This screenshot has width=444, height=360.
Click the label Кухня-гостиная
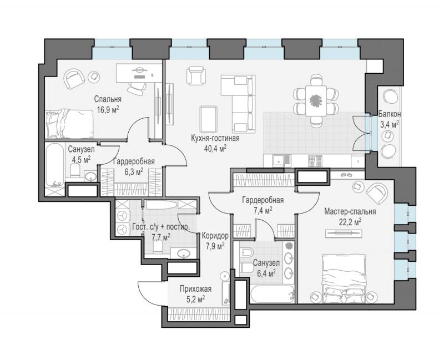[215, 138]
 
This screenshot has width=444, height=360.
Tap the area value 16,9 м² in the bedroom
[108, 109]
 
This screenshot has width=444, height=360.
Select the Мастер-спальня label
[350, 212]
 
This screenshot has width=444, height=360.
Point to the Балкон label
[390, 114]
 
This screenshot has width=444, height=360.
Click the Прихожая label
[196, 289]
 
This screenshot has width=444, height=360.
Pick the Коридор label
[215, 236]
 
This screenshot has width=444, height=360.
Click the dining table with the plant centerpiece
[316, 100]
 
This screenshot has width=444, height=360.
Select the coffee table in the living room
[209, 119]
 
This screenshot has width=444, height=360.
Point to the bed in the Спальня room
[70, 124]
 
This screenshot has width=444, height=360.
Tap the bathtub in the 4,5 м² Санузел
[55, 165]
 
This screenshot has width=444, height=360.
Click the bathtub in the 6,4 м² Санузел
[273, 294]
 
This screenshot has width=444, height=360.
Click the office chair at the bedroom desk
[137, 88]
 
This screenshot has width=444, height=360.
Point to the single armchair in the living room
[196, 75]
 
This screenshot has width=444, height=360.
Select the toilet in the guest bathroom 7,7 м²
[158, 247]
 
